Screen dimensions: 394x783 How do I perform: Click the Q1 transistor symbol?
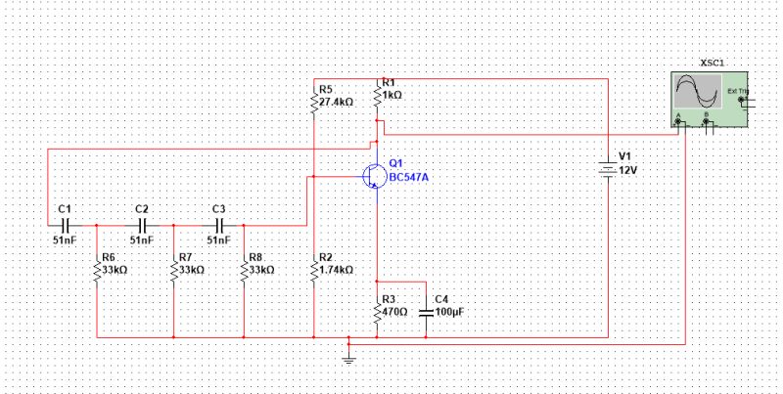pyautogui.click(x=374, y=176)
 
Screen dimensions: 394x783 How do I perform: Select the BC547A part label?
pyautogui.click(x=408, y=177)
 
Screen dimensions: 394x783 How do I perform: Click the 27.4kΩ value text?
pyautogui.click(x=336, y=102)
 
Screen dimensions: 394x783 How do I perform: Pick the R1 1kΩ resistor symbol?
pyautogui.click(x=377, y=97)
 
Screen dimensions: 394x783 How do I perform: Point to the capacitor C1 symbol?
pyautogui.click(x=65, y=225)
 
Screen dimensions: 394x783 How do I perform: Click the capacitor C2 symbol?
pyautogui.click(x=142, y=225)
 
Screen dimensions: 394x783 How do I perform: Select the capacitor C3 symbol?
pyautogui.click(x=218, y=225)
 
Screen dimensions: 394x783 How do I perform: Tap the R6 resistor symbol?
pyautogui.click(x=98, y=271)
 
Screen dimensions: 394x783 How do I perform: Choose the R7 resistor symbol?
pyautogui.click(x=172, y=271)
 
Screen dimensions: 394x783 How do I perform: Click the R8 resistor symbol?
pyautogui.click(x=244, y=271)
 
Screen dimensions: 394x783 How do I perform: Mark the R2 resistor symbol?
pyautogui.click(x=312, y=271)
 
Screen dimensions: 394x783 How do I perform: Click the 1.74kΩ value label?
pyautogui.click(x=336, y=270)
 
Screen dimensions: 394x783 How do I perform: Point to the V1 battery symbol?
pyautogui.click(x=608, y=169)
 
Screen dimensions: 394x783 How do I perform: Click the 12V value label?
pyautogui.click(x=628, y=169)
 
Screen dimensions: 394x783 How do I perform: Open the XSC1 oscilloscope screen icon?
pyautogui.click(x=697, y=93)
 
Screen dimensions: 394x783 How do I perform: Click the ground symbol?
pyautogui.click(x=348, y=359)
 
